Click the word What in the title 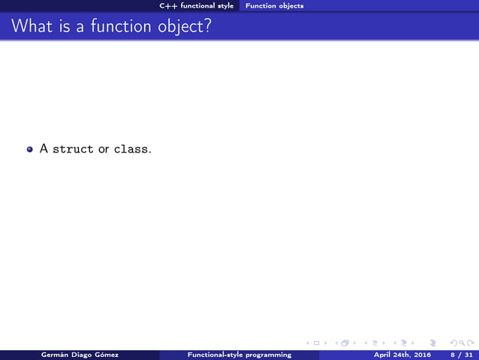[29, 27]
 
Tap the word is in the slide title [62, 27]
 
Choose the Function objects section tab [275, 6]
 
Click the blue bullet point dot [30, 150]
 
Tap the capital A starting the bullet [44, 149]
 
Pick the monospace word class [132, 149]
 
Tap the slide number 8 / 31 [462, 355]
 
